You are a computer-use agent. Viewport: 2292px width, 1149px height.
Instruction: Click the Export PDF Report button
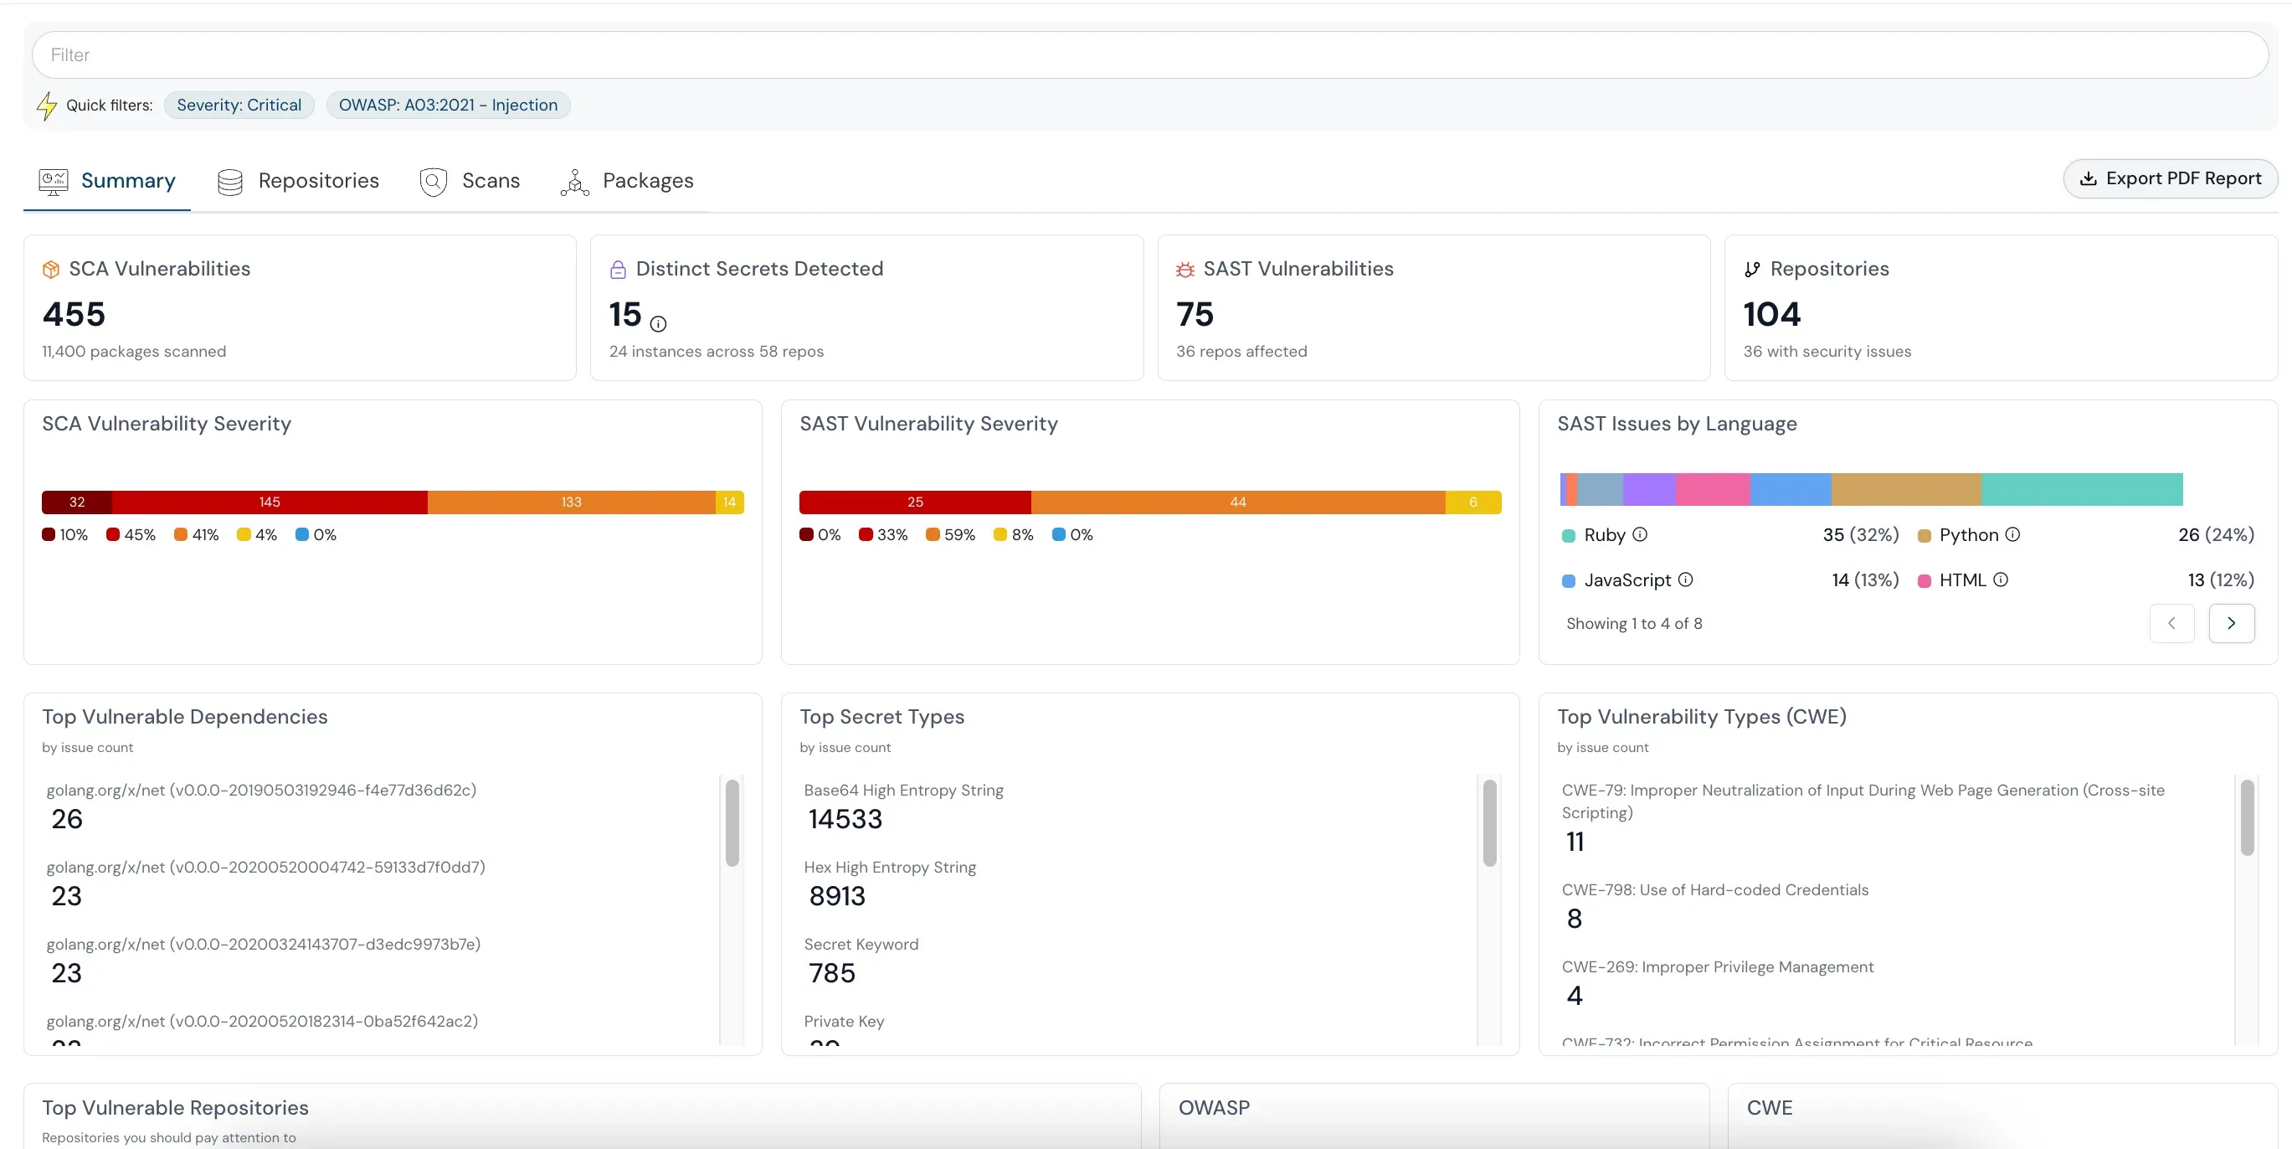click(x=2170, y=179)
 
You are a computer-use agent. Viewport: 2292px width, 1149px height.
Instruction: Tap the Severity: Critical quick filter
click(x=239, y=105)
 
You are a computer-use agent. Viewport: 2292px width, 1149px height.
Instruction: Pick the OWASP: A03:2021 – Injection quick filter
click(x=448, y=105)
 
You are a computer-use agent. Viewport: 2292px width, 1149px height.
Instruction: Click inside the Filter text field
click(x=1148, y=55)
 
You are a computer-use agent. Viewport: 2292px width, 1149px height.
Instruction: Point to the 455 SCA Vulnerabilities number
click(x=74, y=314)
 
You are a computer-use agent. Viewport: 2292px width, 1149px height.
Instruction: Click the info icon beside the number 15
click(x=659, y=324)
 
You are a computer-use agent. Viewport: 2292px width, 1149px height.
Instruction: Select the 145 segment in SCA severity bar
click(x=270, y=502)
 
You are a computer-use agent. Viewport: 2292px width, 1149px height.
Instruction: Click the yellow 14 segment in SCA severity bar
click(x=730, y=502)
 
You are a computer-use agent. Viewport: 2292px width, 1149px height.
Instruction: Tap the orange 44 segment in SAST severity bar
click(x=1237, y=502)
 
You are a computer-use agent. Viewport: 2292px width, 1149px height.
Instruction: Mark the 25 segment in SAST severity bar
click(x=915, y=502)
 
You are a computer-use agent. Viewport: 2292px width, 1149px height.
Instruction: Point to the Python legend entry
click(x=1968, y=535)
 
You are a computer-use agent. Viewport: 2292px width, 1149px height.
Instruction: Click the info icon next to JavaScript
click(x=1685, y=580)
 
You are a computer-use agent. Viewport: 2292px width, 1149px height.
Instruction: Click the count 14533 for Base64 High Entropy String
click(x=845, y=819)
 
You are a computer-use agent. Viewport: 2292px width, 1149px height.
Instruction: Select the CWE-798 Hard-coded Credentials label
click(x=1714, y=890)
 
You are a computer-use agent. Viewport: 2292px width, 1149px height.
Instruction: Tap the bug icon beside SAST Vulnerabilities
click(x=1185, y=270)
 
